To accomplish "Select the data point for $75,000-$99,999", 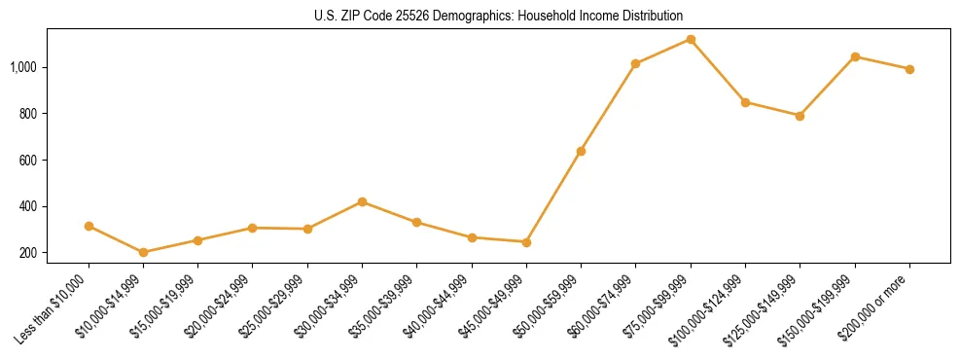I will [691, 40].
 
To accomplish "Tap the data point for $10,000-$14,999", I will [144, 252].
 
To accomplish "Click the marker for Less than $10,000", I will [89, 226].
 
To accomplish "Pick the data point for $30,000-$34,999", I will [362, 201].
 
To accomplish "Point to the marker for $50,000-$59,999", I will [581, 151].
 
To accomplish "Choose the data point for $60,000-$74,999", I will [635, 64].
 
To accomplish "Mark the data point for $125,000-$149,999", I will [800, 116].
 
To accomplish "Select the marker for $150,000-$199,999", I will [855, 56].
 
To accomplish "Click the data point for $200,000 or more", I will [909, 69].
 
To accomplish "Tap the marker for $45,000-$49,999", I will [526, 242].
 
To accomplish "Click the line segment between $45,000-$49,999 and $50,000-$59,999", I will [553, 197].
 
